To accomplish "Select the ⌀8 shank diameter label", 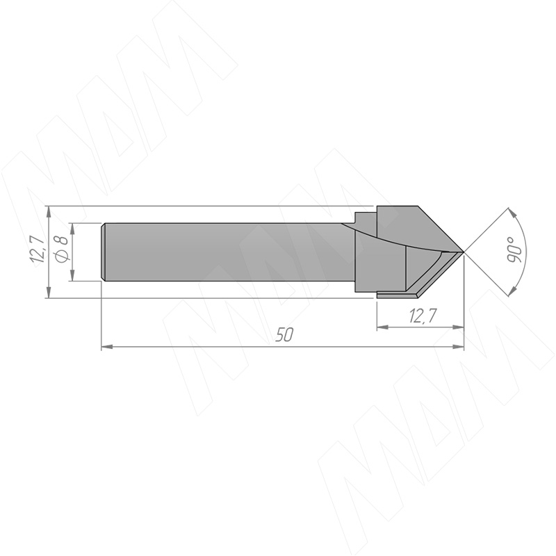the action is (x=62, y=249).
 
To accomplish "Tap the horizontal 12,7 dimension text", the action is (x=423, y=316).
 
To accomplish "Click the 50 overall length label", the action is (x=284, y=335).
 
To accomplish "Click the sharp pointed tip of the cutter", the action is (x=464, y=252).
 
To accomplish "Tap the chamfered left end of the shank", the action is (x=103, y=252).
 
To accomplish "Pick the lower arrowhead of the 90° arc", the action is (x=512, y=291).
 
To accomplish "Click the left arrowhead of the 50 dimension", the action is (x=107, y=347).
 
